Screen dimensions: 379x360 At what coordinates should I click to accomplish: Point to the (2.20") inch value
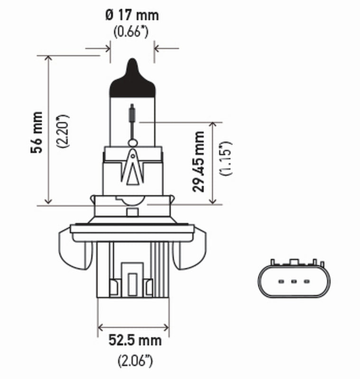tap(63, 131)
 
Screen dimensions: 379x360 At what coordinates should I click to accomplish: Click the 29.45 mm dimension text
tap(199, 162)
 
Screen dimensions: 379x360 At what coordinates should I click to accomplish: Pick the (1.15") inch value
tap(225, 158)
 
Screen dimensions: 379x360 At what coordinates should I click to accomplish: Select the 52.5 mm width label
tap(134, 340)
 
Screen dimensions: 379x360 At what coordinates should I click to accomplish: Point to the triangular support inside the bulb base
tap(132, 168)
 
